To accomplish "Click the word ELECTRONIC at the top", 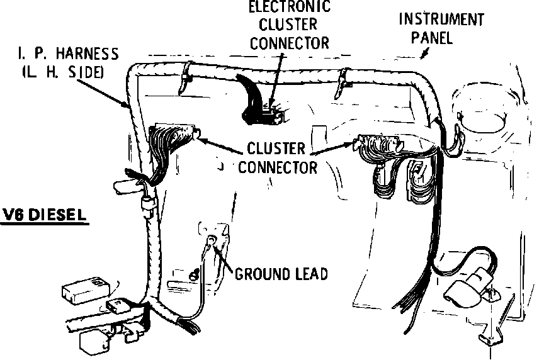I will pyautogui.click(x=289, y=8).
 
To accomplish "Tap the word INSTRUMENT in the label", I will pyautogui.click(x=441, y=20).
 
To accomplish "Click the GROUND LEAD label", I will pyautogui.click(x=281, y=274).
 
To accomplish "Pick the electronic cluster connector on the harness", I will pyautogui.click(x=268, y=111).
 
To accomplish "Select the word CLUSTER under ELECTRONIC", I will pyautogui.click(x=288, y=25).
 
